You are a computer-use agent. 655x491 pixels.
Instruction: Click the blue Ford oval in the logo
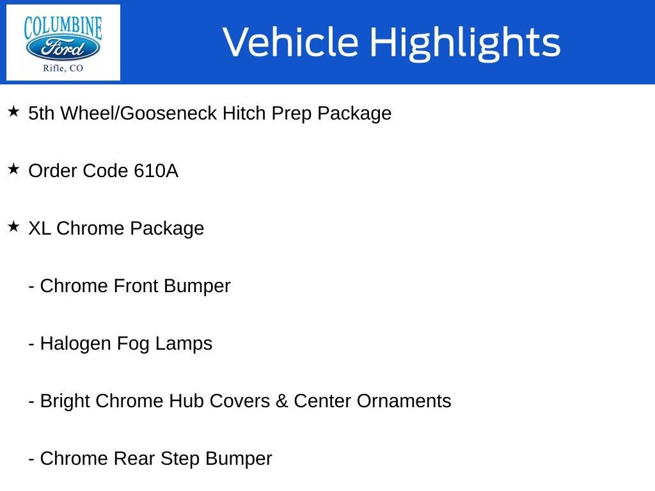tap(63, 48)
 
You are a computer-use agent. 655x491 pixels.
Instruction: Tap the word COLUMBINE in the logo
tap(63, 27)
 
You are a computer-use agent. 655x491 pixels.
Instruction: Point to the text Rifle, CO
tap(63, 68)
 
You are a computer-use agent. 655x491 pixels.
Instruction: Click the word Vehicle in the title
tap(290, 42)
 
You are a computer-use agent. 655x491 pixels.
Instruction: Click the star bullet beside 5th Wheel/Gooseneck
tap(13, 111)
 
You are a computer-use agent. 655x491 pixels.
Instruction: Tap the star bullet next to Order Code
tap(13, 169)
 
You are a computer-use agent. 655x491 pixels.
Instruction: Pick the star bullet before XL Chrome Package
tap(13, 227)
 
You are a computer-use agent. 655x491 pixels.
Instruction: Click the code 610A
tap(156, 171)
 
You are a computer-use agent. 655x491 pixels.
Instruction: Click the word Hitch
tap(244, 113)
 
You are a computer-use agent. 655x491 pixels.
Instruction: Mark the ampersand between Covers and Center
tap(281, 401)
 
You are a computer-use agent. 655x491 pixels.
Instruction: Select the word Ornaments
tap(404, 401)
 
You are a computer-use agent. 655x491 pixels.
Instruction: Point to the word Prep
tap(292, 114)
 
